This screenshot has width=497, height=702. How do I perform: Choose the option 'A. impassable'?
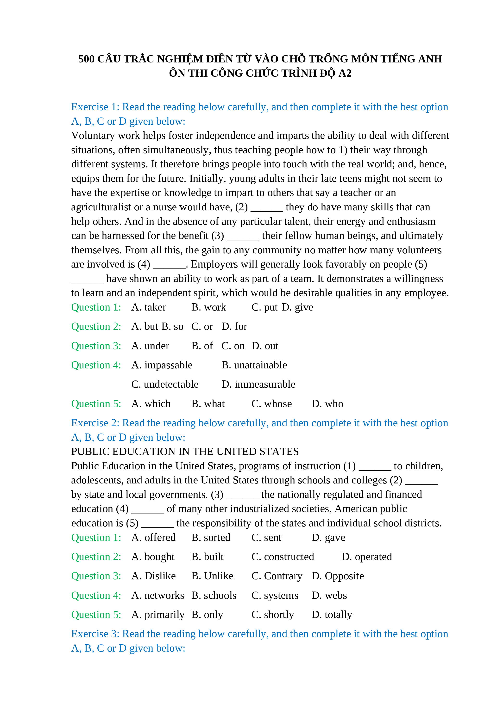coord(162,365)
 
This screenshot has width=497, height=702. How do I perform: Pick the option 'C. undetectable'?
coord(165,384)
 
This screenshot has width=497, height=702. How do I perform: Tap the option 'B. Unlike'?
coord(212,576)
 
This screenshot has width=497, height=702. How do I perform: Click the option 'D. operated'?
coord(367,557)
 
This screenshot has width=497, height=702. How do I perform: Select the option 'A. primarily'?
coord(158,615)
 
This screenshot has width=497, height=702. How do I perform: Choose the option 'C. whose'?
coord(271,404)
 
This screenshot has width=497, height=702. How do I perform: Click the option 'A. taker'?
coord(149,307)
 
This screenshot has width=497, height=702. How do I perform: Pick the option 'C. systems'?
coord(275,595)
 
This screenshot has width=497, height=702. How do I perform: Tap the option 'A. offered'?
coord(153,537)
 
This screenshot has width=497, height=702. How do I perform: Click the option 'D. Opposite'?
coord(338,576)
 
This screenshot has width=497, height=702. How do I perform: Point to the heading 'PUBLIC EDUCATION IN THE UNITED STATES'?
coord(185,452)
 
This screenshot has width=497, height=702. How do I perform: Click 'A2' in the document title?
coord(345,73)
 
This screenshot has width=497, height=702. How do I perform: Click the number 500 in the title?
coord(86,59)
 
